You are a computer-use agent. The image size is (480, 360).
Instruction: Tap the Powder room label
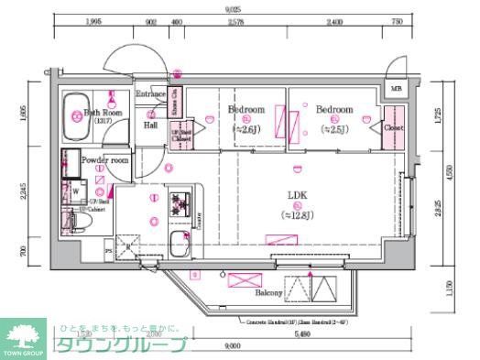point(106,159)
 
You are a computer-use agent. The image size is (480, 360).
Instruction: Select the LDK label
point(297,195)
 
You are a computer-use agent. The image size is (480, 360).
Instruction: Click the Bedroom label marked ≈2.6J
point(245,109)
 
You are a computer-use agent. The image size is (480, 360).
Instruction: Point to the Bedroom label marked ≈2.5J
point(334,109)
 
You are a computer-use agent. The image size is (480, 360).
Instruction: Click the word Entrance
point(150,94)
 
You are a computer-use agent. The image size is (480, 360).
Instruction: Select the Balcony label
point(267,294)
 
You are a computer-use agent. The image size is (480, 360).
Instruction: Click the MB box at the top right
point(396,89)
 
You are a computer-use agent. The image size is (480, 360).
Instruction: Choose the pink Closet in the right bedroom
point(394,129)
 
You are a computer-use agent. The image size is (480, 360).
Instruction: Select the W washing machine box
point(76,191)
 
